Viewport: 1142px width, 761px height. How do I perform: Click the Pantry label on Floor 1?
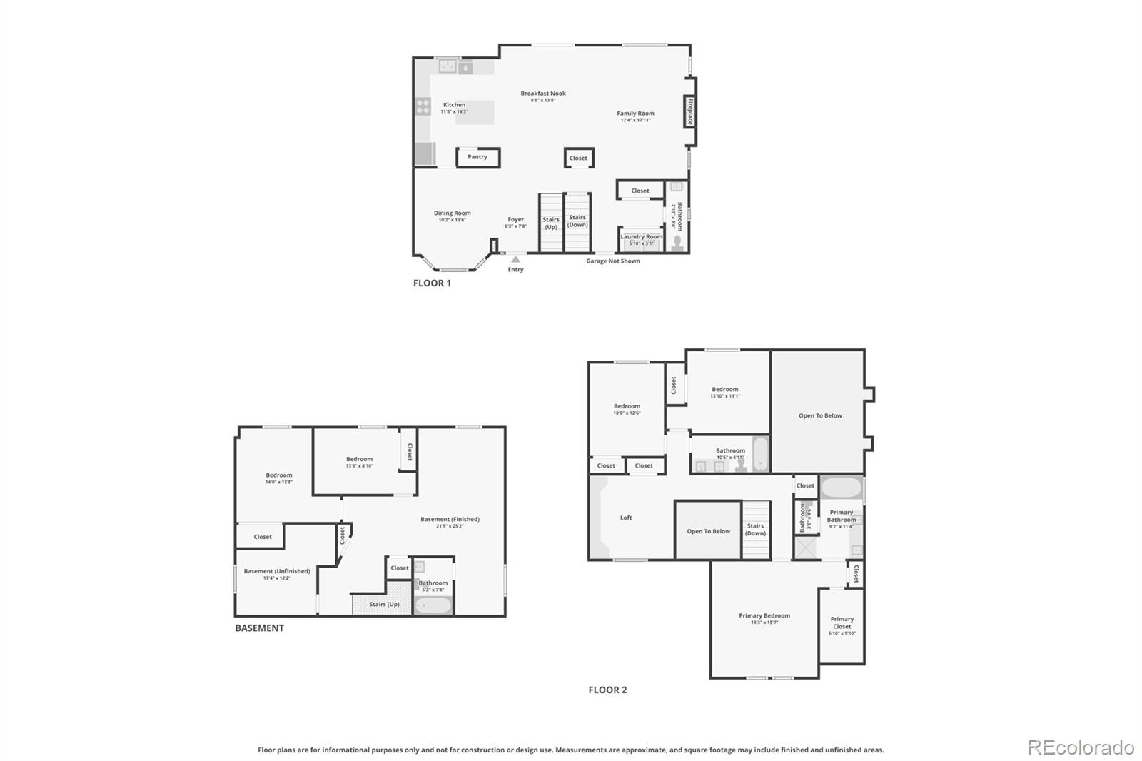click(x=477, y=157)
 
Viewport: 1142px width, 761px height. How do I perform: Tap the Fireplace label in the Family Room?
click(x=690, y=112)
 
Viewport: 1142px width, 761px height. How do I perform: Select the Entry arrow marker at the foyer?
click(x=515, y=259)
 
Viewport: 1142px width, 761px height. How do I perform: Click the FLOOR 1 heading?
click(x=432, y=283)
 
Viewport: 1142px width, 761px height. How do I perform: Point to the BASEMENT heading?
click(x=259, y=628)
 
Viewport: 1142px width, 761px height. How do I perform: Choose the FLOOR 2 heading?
click(x=607, y=690)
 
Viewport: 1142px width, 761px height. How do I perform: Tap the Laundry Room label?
click(x=641, y=237)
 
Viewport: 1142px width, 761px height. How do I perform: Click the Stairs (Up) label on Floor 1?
click(x=551, y=223)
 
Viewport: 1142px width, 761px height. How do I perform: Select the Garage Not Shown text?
click(x=613, y=261)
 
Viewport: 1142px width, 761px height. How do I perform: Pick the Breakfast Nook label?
click(x=543, y=94)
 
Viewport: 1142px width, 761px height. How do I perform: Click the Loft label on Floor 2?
click(x=626, y=518)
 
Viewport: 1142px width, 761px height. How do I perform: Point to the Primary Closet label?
click(x=842, y=623)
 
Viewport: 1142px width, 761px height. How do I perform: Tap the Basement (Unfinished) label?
click(x=277, y=571)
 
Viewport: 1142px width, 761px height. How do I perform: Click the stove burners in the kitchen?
click(x=423, y=107)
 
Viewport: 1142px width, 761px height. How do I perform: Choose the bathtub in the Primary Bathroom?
click(x=842, y=488)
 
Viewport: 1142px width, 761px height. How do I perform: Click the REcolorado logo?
click(x=1081, y=747)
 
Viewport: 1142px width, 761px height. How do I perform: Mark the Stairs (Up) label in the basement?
click(x=384, y=604)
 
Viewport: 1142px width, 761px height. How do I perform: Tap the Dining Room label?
click(x=453, y=213)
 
